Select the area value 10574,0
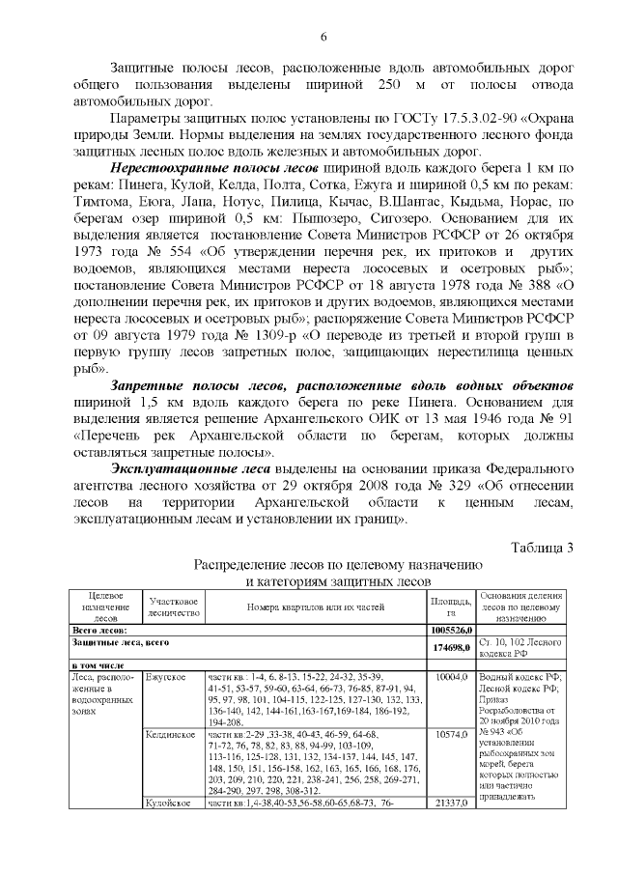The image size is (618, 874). [453, 735]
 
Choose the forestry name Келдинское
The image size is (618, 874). [171, 735]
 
